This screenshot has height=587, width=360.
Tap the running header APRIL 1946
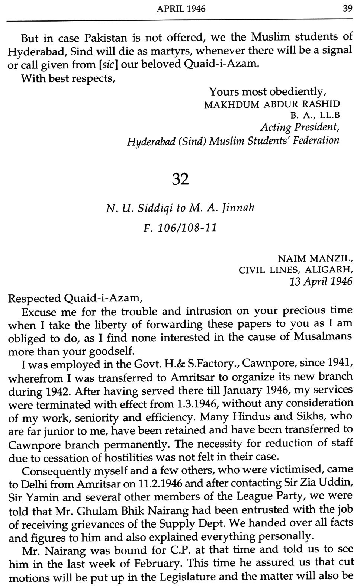[x=181, y=8]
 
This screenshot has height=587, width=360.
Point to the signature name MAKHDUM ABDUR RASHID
[x=272, y=104]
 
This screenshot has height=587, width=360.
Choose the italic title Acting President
[x=300, y=128]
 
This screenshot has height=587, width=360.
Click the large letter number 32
[x=181, y=179]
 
